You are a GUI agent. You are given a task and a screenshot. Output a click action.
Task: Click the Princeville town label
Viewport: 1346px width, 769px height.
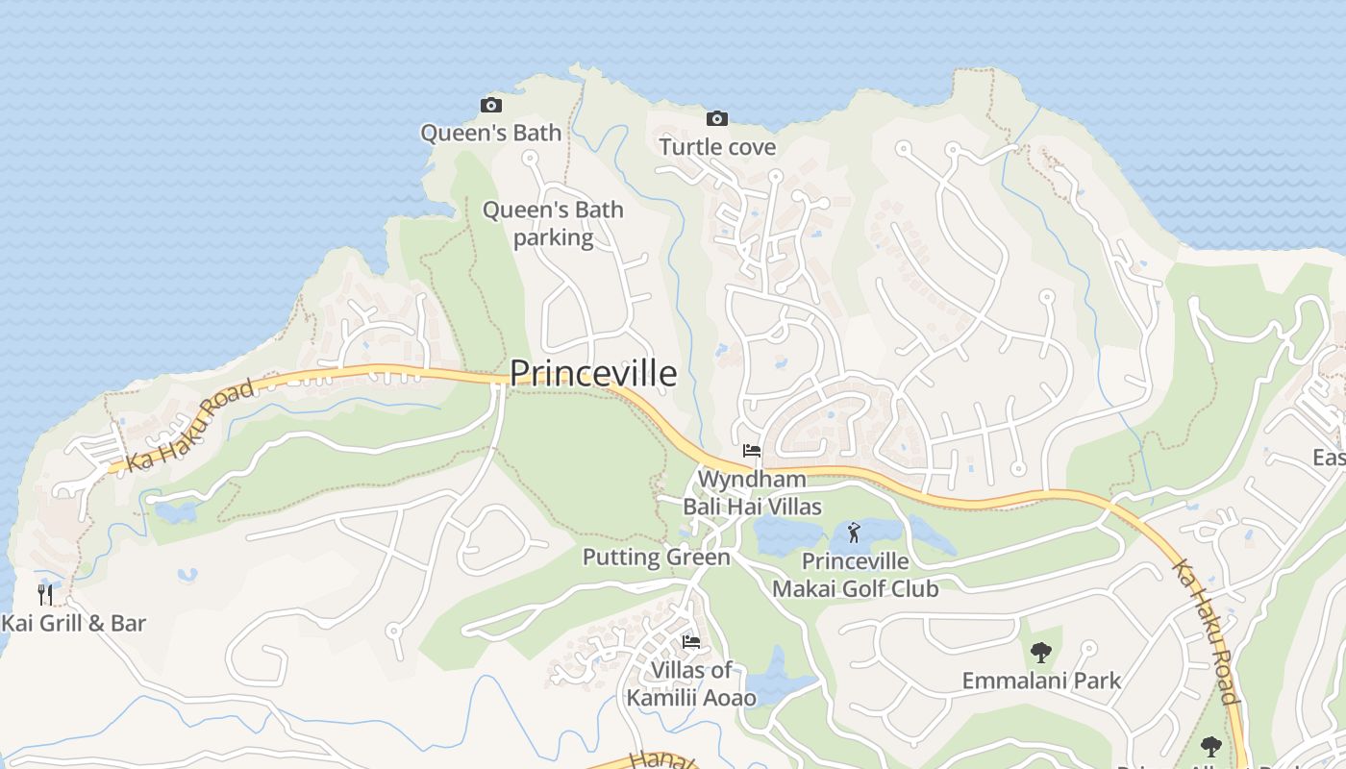point(592,373)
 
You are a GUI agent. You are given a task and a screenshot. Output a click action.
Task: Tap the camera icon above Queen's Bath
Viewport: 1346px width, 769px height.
point(490,105)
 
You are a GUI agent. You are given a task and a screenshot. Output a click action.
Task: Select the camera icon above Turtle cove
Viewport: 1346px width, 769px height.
point(716,118)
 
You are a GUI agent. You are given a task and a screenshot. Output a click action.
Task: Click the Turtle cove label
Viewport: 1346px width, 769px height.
point(716,147)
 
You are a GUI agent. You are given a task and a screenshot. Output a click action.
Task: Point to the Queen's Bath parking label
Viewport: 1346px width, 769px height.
point(553,223)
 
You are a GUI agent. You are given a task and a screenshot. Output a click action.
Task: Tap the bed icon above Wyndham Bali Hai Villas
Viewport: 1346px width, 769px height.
point(751,451)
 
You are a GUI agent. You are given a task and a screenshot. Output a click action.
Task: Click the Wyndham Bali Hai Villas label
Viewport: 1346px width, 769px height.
point(752,492)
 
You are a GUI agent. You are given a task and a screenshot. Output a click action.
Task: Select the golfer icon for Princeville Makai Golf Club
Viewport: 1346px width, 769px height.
point(854,532)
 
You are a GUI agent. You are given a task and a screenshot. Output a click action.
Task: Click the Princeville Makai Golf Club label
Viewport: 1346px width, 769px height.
point(855,574)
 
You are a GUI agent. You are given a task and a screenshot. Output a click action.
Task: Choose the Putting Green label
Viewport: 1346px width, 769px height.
point(656,558)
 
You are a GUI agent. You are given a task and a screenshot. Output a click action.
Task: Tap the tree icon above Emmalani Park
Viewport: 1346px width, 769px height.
point(1040,653)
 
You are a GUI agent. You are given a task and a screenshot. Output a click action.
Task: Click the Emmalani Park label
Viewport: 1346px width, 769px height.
point(1041,681)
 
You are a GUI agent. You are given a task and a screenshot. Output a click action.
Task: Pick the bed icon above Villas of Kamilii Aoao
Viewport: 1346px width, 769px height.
point(690,641)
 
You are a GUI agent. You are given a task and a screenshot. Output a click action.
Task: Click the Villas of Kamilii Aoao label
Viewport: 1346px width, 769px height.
point(691,683)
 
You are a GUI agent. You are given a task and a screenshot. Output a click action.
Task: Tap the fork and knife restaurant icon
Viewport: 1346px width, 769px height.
point(45,594)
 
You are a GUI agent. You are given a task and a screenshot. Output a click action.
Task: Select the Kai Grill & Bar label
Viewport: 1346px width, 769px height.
point(73,623)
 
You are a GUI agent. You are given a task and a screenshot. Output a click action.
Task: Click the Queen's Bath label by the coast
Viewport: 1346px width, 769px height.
point(490,133)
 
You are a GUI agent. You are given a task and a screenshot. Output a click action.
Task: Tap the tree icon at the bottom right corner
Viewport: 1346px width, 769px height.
point(1210,746)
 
